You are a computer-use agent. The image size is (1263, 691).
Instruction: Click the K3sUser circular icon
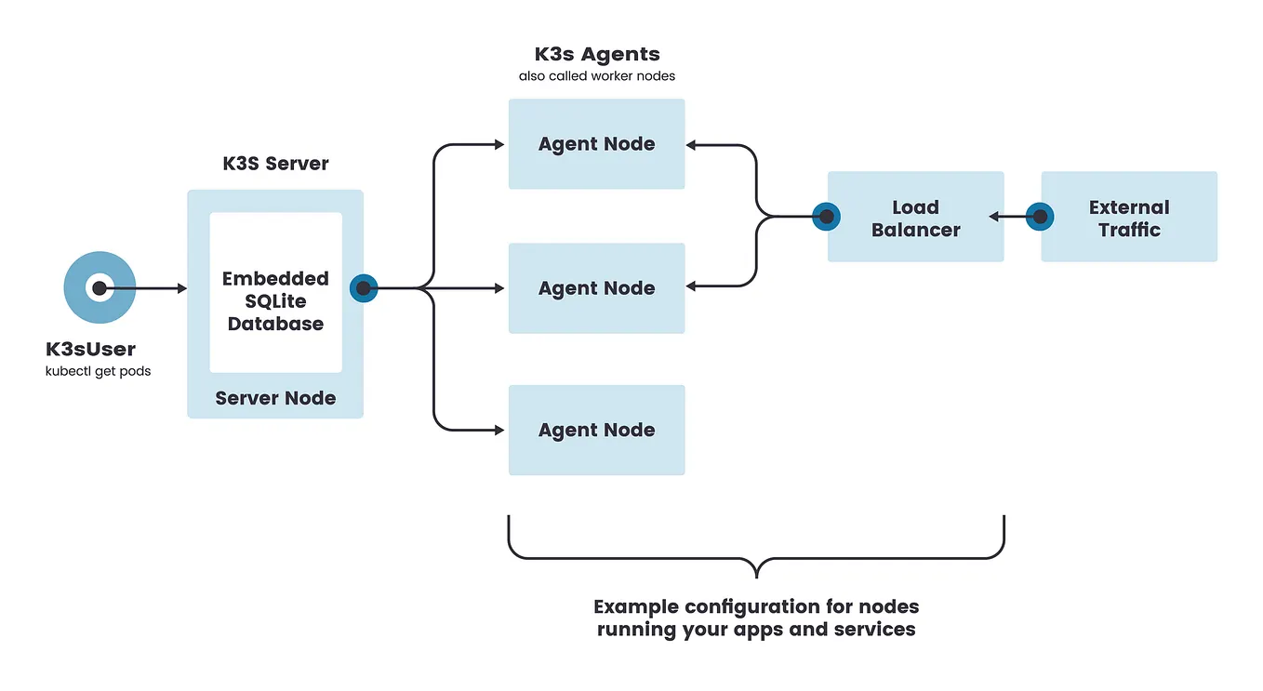pyautogui.click(x=100, y=288)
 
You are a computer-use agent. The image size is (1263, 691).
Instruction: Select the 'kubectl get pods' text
pyautogui.click(x=98, y=371)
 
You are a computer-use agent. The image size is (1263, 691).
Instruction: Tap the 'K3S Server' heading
pyautogui.click(x=275, y=164)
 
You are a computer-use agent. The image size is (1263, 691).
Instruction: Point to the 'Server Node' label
pyautogui.click(x=275, y=398)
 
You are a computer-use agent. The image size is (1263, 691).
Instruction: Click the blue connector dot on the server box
pyautogui.click(x=363, y=288)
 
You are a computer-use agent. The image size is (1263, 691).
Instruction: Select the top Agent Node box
pyautogui.click(x=596, y=144)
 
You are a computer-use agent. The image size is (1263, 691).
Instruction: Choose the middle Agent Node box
pyautogui.click(x=596, y=288)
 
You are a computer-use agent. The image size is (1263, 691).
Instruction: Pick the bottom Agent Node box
pyautogui.click(x=596, y=431)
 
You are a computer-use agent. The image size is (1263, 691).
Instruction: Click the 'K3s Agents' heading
pyautogui.click(x=596, y=55)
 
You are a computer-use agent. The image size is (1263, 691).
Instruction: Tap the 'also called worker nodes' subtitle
pyautogui.click(x=596, y=76)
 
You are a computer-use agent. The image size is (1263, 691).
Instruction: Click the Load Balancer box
pyautogui.click(x=915, y=218)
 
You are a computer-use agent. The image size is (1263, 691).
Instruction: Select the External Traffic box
pyautogui.click(x=1129, y=218)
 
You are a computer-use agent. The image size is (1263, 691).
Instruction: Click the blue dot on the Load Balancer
pyautogui.click(x=825, y=217)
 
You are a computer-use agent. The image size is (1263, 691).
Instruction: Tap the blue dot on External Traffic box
pyautogui.click(x=1040, y=217)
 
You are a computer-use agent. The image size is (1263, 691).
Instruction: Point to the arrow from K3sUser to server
pyautogui.click(x=144, y=288)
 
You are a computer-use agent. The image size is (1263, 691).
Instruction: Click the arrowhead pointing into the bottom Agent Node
pyautogui.click(x=499, y=431)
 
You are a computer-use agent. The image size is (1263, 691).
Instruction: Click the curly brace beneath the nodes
pyautogui.click(x=756, y=559)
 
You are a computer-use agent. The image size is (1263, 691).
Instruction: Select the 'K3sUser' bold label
pyautogui.click(x=90, y=350)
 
